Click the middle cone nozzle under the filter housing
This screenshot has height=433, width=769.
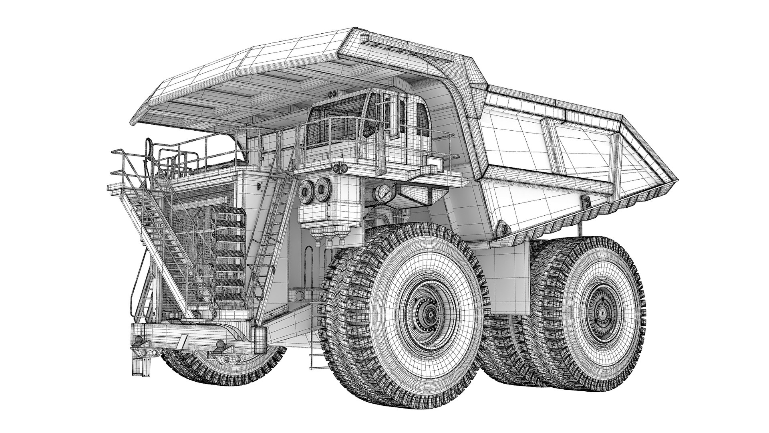(330, 239)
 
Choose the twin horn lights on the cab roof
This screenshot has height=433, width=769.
(333, 94)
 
